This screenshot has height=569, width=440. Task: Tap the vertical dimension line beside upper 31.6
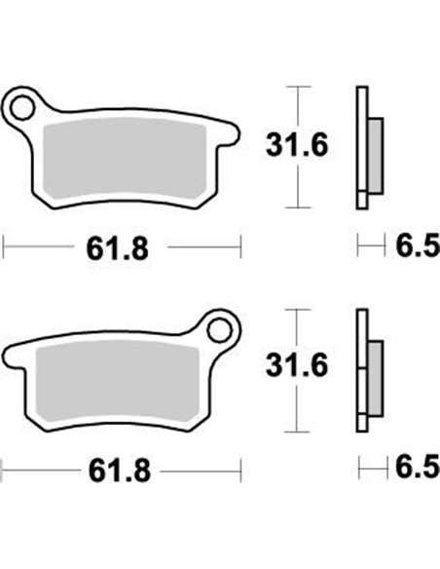pyautogui.click(x=298, y=107)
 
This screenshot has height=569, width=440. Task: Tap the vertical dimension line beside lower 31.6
pyautogui.click(x=298, y=331)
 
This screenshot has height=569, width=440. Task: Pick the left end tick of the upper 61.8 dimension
pyautogui.click(x=4, y=247)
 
